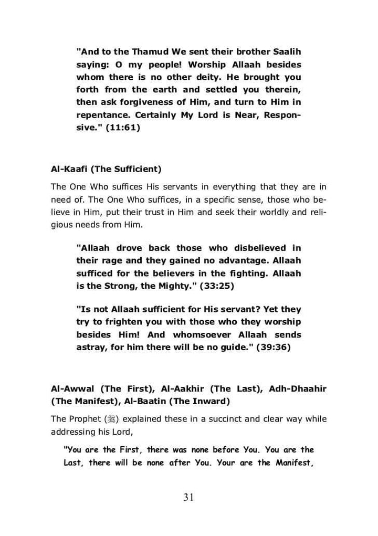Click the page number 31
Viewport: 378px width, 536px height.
point(189,498)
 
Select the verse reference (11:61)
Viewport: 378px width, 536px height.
point(123,127)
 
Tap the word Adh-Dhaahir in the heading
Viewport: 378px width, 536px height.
point(298,389)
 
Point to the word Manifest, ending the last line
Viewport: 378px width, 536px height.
point(292,463)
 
